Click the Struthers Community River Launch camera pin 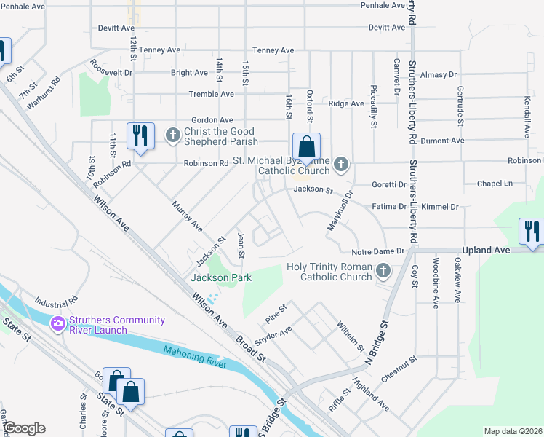[57, 323]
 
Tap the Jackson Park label [220, 277]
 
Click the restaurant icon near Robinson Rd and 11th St [139, 136]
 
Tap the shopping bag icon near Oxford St [307, 147]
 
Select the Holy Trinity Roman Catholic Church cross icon [383, 272]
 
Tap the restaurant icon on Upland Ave [532, 232]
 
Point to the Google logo [24, 428]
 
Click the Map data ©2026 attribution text [513, 431]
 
